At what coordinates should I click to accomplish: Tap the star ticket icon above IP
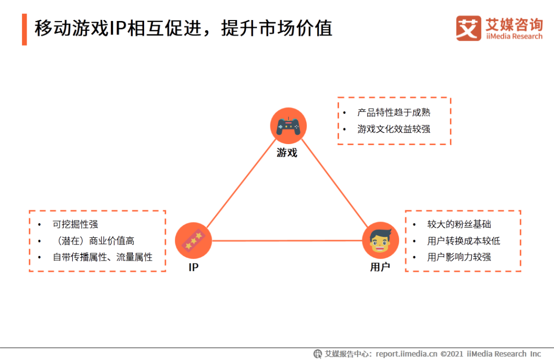193,240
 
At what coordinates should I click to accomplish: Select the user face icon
381,240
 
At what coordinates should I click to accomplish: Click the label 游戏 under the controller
287,153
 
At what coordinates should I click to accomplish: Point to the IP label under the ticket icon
193,268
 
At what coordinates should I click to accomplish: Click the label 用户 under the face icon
380,267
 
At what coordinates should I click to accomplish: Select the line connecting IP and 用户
287,241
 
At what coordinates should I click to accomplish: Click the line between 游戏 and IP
241,183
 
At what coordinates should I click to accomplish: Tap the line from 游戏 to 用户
334,183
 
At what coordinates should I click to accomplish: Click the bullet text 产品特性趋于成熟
394,112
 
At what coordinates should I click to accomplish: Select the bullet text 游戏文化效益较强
394,129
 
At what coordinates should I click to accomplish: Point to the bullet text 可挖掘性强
75,224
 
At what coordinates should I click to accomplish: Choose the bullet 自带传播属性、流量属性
103,257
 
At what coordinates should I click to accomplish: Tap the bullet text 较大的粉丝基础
459,224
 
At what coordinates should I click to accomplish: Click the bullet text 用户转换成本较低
464,241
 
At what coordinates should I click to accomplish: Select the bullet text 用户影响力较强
459,257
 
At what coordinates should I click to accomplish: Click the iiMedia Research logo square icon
468,28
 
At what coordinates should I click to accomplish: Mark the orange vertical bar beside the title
25,29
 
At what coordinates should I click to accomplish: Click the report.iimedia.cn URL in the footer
406,354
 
